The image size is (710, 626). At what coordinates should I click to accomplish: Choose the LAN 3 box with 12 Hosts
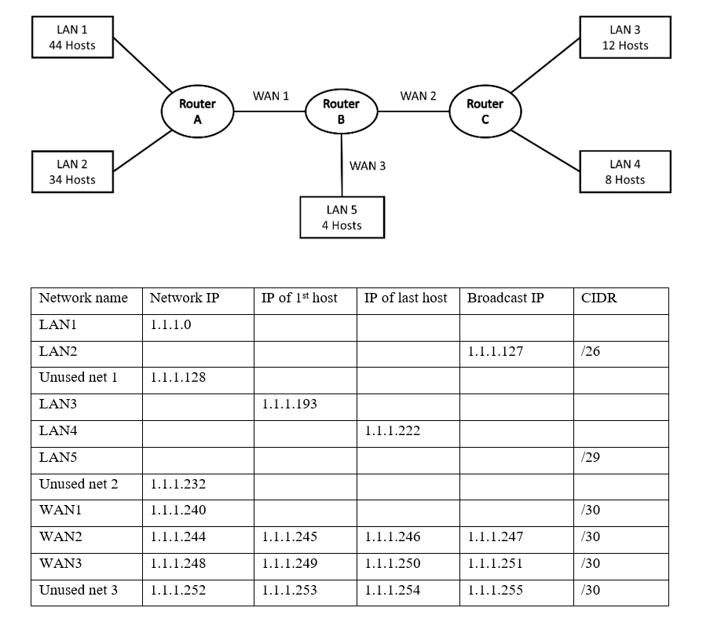click(625, 38)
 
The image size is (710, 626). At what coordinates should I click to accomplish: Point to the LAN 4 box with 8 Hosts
click(625, 172)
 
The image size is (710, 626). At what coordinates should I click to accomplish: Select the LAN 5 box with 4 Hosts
click(342, 218)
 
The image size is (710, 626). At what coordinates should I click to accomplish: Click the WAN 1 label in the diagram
click(271, 96)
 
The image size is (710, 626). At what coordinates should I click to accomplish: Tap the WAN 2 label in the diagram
click(418, 96)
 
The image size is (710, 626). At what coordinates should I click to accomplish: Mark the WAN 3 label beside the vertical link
click(368, 166)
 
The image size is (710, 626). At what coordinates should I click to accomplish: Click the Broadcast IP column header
click(505, 298)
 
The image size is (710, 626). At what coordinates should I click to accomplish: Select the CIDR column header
click(598, 298)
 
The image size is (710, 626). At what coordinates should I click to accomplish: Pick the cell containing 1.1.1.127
click(495, 351)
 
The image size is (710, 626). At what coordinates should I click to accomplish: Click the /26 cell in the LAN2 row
click(591, 351)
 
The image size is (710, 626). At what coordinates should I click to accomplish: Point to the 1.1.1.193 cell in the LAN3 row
click(289, 405)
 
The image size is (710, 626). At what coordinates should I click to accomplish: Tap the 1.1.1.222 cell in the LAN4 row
click(393, 431)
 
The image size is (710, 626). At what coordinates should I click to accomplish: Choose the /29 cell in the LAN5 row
click(591, 458)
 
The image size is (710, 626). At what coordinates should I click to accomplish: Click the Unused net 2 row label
click(79, 484)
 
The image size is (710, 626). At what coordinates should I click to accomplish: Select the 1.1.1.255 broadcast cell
click(495, 590)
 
